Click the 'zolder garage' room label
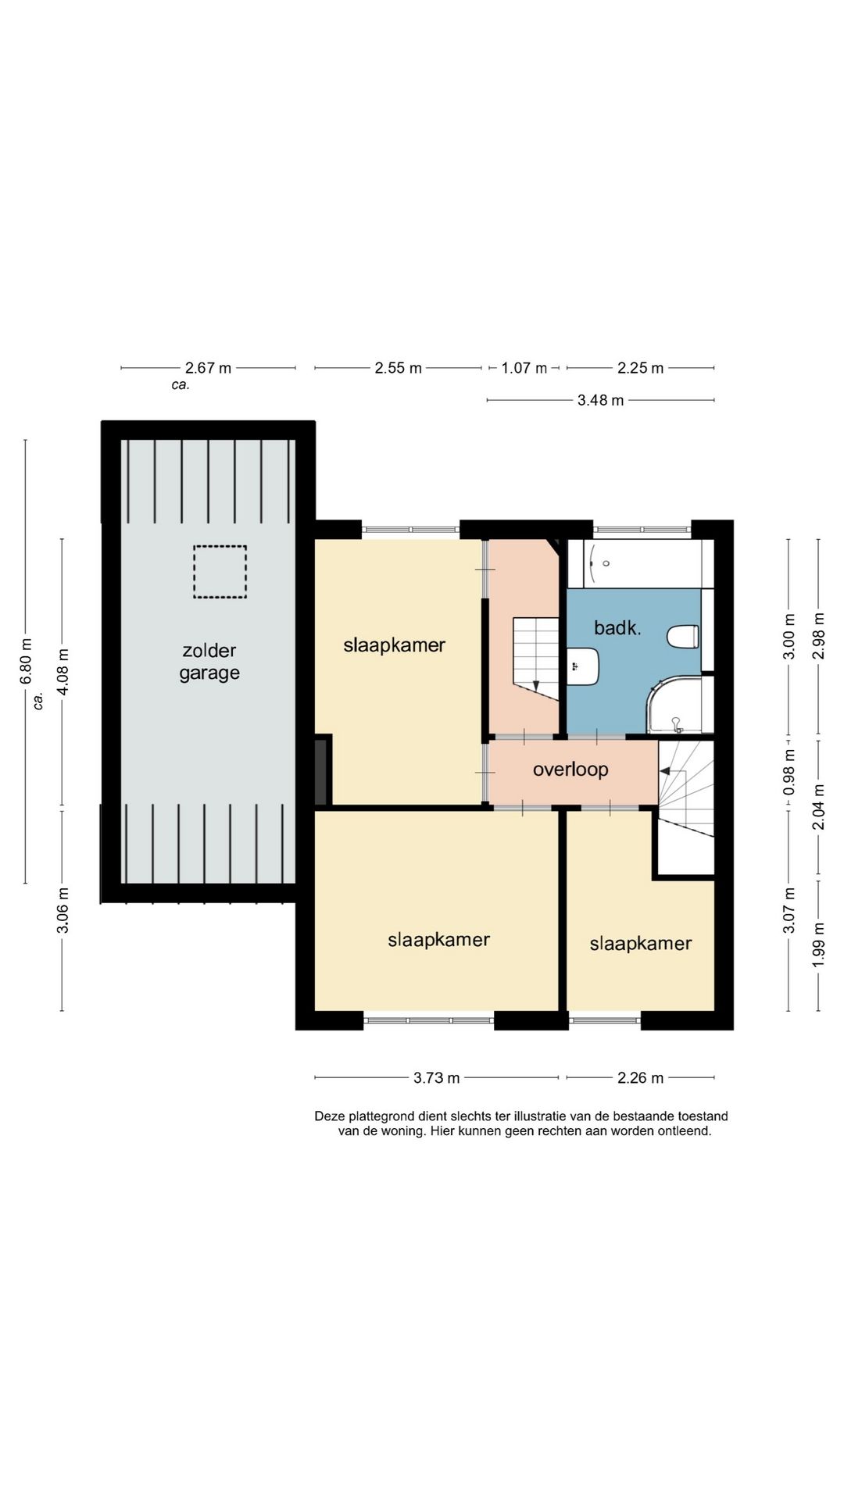pyautogui.click(x=209, y=662)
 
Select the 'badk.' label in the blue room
pyautogui.click(x=617, y=627)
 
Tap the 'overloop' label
pyautogui.click(x=570, y=770)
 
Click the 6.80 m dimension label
pyautogui.click(x=27, y=661)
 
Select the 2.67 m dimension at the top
pyautogui.click(x=208, y=368)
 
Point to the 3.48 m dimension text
pyautogui.click(x=600, y=401)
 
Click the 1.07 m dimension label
pyautogui.click(x=524, y=368)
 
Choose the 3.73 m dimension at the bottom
pyautogui.click(x=436, y=1078)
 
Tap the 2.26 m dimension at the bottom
pyautogui.click(x=640, y=1078)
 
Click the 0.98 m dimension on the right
pyautogui.click(x=789, y=773)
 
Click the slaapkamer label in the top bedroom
pyautogui.click(x=395, y=645)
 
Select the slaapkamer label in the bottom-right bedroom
pyautogui.click(x=641, y=944)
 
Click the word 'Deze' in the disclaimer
pyautogui.click(x=330, y=1116)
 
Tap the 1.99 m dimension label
pyautogui.click(x=819, y=945)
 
